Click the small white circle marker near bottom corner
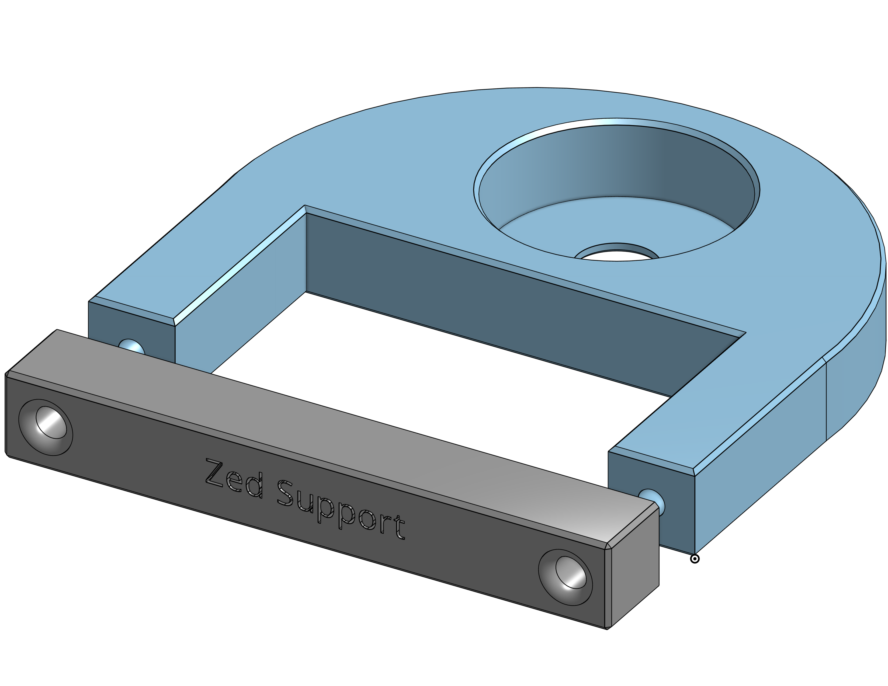coord(695,559)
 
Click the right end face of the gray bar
coord(634,569)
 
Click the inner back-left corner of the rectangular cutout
coord(306,252)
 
